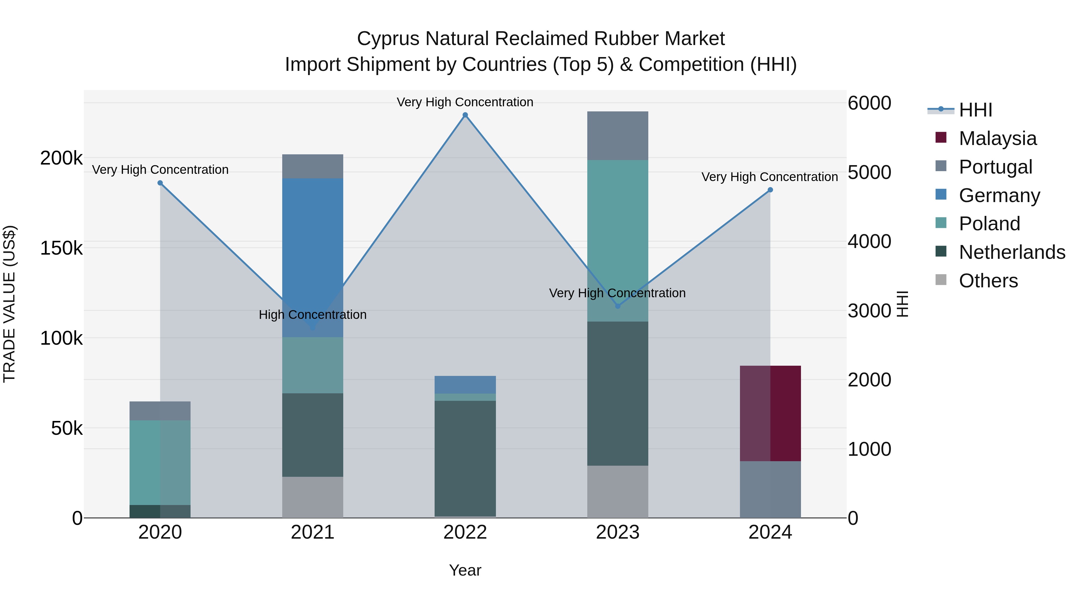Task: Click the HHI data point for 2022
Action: point(465,115)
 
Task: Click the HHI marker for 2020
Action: point(160,183)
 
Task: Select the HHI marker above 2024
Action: point(770,190)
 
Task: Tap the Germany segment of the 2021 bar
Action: point(313,257)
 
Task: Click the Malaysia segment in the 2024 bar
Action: point(770,413)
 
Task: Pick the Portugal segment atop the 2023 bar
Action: point(617,135)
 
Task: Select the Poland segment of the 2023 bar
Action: point(617,240)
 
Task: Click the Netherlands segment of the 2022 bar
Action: point(465,458)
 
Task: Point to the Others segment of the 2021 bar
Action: point(313,497)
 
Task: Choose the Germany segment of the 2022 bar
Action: point(465,384)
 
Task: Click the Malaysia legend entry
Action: point(998,138)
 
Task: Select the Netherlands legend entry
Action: point(1011,252)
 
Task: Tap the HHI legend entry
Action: point(975,110)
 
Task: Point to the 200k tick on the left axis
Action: point(61,158)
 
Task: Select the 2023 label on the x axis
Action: point(617,532)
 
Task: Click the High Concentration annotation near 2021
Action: point(313,315)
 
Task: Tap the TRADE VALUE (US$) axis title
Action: point(9,304)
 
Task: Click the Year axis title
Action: point(465,570)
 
